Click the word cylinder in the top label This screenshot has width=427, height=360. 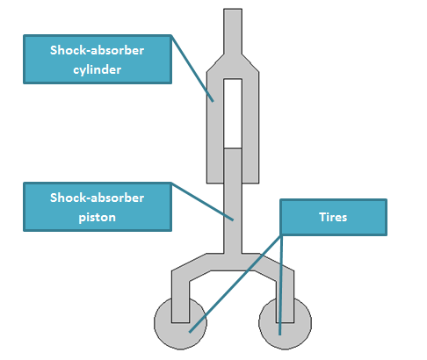[98, 70]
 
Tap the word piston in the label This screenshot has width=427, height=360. [98, 218]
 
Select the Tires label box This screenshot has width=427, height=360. [333, 217]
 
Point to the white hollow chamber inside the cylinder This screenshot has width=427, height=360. [233, 113]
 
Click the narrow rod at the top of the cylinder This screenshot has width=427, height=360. [233, 32]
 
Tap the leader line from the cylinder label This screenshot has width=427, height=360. [192, 68]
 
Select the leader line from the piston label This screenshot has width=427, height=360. [202, 202]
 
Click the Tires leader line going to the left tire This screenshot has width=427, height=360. [235, 284]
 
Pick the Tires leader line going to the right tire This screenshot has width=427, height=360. [281, 284]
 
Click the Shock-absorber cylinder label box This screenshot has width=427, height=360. [98, 60]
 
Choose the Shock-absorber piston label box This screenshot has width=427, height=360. [98, 207]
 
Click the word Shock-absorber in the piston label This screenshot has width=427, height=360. [97, 198]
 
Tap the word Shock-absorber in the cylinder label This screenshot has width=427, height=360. [97, 50]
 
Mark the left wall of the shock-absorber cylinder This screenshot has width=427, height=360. [215, 129]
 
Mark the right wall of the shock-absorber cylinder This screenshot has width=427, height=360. [250, 129]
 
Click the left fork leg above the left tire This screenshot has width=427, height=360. [180, 299]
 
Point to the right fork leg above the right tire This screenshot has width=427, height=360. [286, 299]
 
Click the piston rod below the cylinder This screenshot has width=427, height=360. [233, 218]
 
